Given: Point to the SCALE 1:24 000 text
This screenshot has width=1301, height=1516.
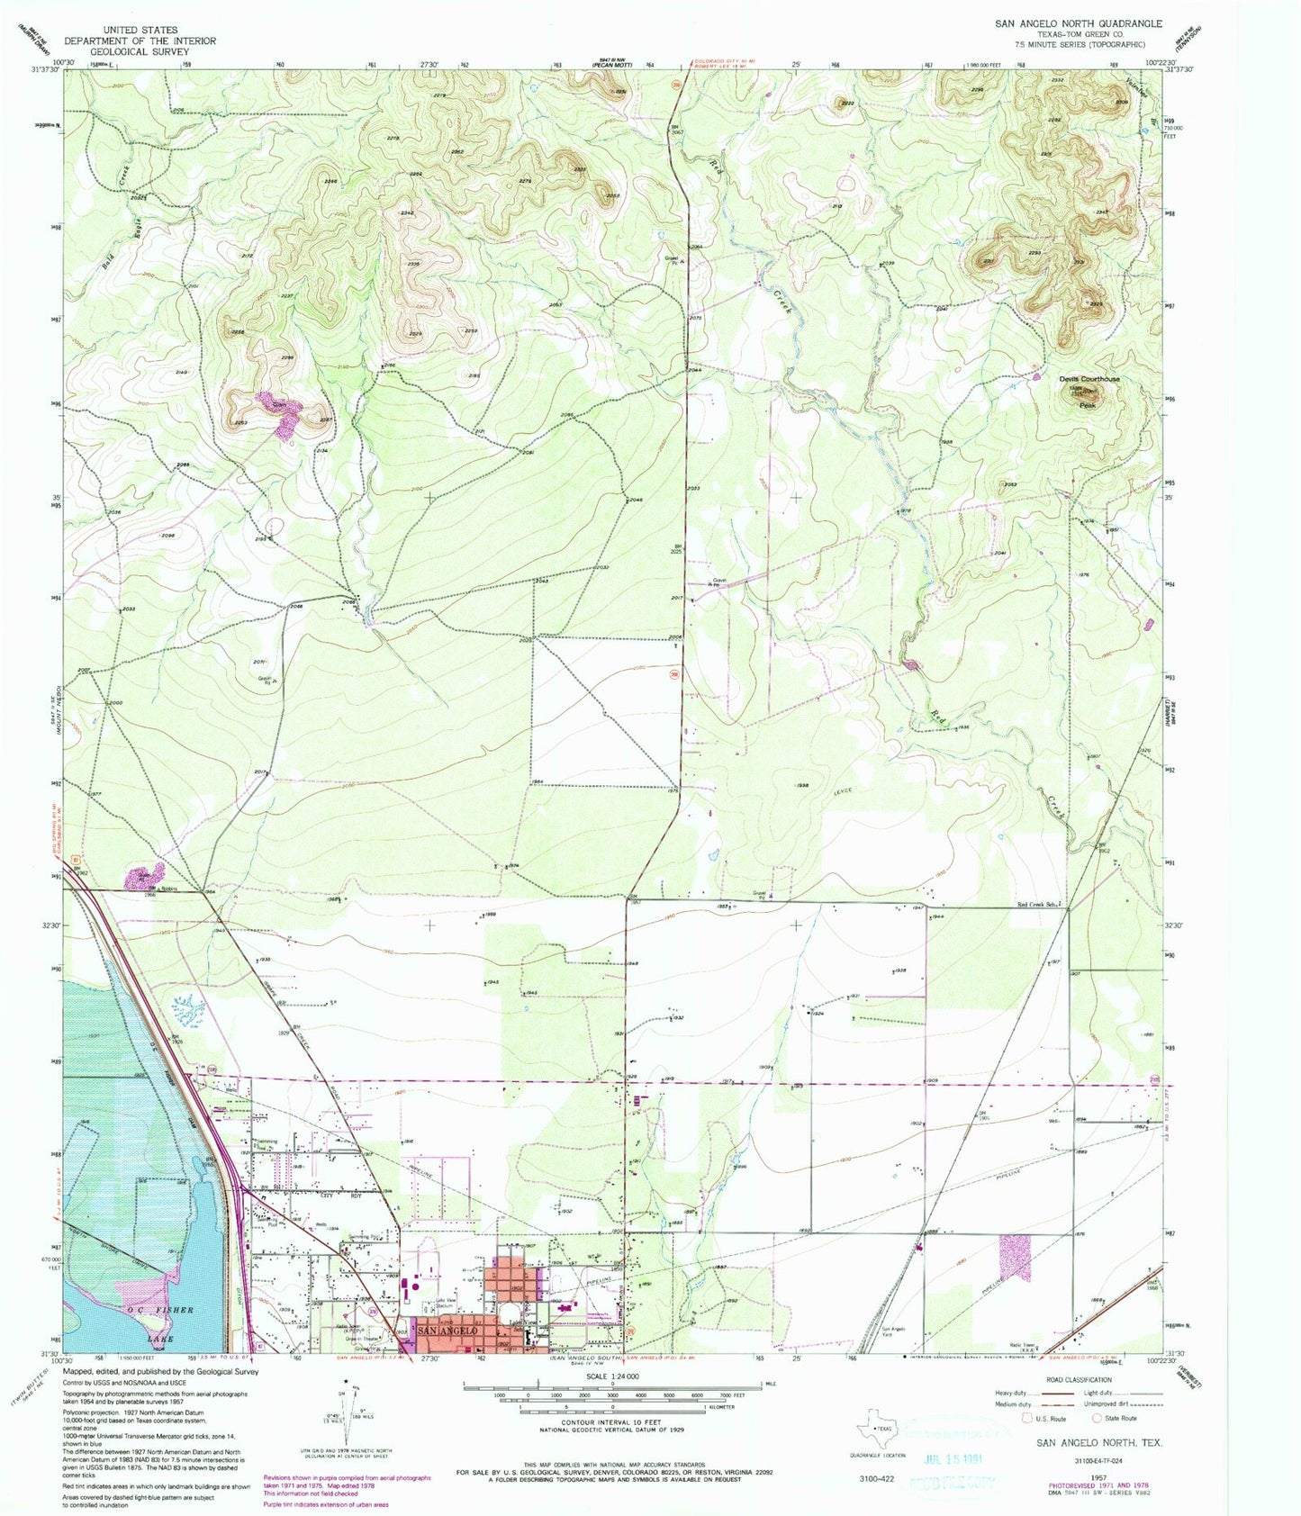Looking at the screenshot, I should coord(611,1376).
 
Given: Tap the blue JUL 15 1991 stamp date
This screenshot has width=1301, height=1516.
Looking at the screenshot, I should coord(956,1457).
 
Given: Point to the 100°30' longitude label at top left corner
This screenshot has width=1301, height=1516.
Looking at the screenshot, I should coord(61,61).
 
